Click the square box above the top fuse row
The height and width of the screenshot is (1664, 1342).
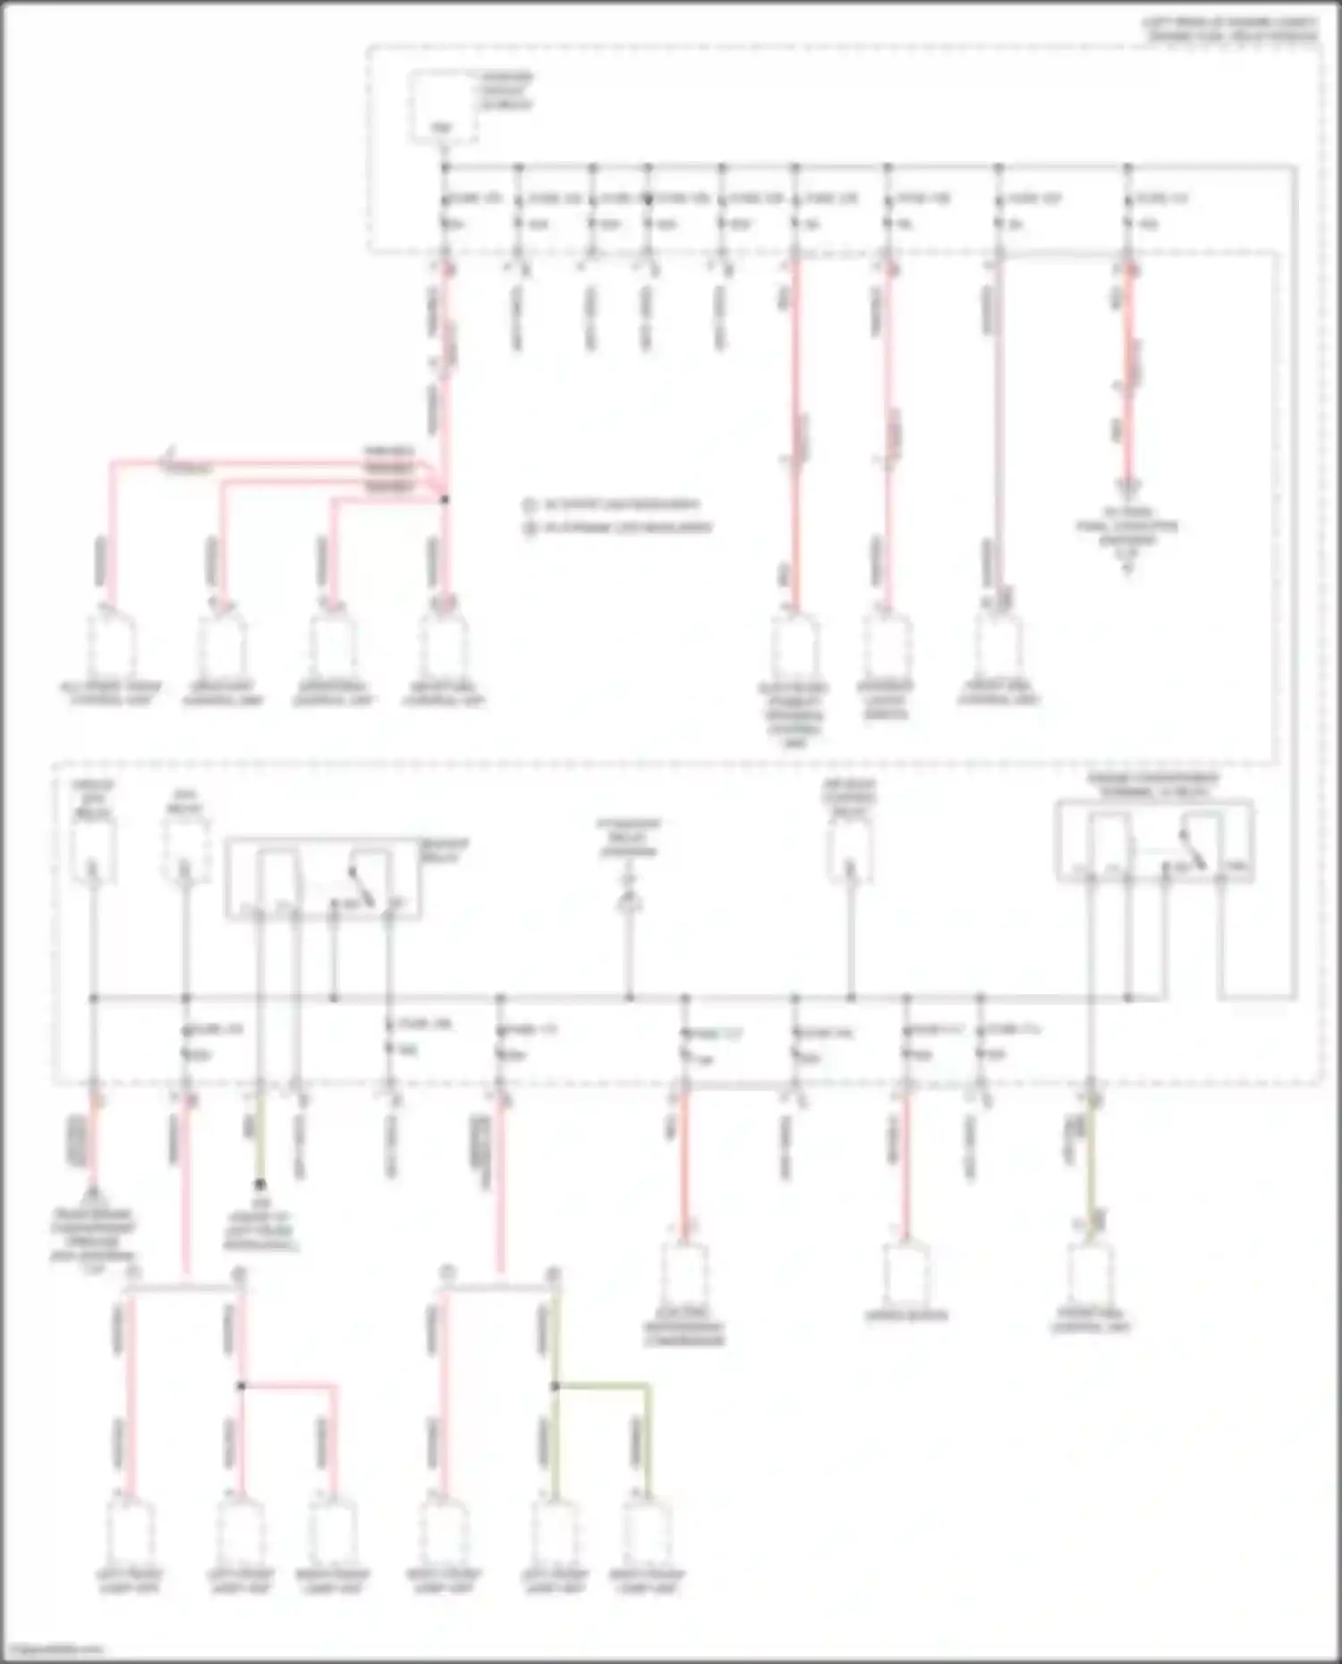[x=444, y=107]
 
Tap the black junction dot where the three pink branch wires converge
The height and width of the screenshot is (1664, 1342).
[x=445, y=499]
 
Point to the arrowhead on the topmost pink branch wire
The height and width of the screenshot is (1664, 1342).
[x=166, y=462]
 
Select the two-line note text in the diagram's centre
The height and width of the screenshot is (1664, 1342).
[x=617, y=516]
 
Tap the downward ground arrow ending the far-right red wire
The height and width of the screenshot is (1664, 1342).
[x=1128, y=488]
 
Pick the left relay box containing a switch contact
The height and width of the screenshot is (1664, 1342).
[x=322, y=879]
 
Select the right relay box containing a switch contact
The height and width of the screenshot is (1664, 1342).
[x=1154, y=841]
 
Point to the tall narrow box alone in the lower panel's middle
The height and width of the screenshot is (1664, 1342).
[x=850, y=845]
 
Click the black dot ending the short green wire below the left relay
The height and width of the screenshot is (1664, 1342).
[x=260, y=1185]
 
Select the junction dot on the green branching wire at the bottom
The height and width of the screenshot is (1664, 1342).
[x=555, y=1387]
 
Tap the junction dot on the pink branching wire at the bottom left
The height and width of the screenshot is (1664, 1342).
[x=241, y=1387]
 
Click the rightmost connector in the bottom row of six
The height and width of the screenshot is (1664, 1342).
[x=649, y=1533]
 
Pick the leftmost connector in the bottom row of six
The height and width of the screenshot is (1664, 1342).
[x=131, y=1533]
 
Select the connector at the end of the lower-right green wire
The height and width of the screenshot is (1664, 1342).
[x=1091, y=1274]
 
